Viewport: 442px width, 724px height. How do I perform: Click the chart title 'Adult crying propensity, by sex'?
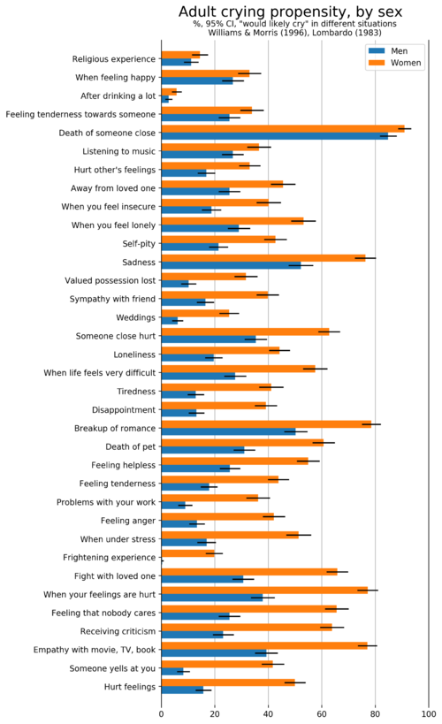[290, 11]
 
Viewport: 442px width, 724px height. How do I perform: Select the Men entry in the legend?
[387, 50]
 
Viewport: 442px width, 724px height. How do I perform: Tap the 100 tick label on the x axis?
[429, 714]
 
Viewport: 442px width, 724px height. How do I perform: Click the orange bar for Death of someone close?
[283, 129]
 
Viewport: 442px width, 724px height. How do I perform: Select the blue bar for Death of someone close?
[275, 136]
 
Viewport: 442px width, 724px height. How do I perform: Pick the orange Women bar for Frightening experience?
[188, 553]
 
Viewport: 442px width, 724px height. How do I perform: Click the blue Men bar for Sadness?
[231, 265]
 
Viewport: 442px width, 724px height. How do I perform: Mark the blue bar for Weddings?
[170, 321]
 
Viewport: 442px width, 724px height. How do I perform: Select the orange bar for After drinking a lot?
[169, 92]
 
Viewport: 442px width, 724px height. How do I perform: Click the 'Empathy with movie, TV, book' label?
[95, 650]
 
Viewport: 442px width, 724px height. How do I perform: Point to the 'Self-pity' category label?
[139, 244]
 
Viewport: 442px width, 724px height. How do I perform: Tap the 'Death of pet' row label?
[130, 446]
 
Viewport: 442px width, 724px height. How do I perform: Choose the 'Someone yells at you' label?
[112, 668]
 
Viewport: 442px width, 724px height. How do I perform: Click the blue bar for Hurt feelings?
[182, 690]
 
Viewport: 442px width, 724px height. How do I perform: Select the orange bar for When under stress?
[230, 535]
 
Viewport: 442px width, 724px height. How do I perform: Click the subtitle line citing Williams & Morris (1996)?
[294, 33]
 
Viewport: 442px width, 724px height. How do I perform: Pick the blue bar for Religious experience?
[177, 63]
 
